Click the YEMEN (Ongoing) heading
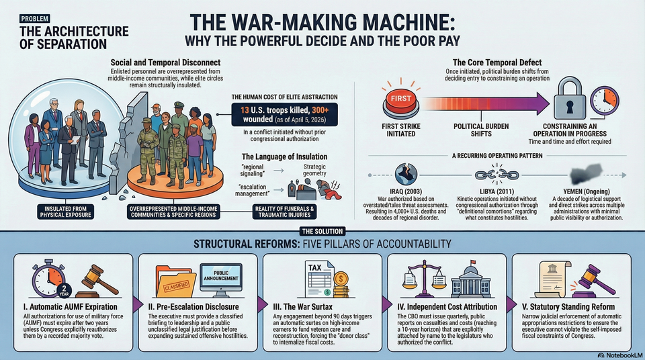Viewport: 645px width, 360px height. [x=580, y=190]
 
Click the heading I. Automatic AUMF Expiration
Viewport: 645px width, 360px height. [x=69, y=305]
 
